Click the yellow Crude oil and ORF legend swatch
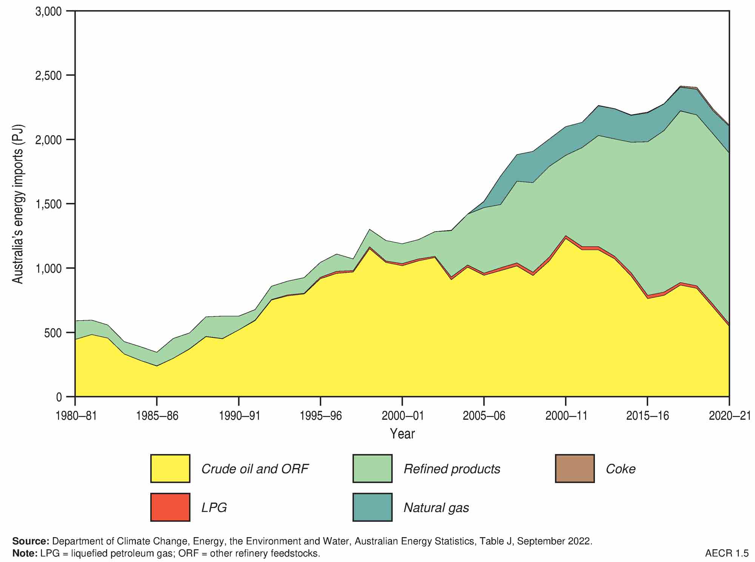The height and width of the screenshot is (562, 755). [x=170, y=468]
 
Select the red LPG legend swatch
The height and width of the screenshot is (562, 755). [x=170, y=507]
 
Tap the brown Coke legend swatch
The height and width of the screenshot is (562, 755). [x=575, y=468]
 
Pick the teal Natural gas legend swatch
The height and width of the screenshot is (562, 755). [x=372, y=507]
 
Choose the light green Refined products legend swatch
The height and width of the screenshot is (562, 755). [x=372, y=468]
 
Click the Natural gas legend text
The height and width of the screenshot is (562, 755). [x=436, y=508]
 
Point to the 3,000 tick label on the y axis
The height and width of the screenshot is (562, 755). [x=48, y=11]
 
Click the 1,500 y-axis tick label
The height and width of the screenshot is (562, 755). [x=48, y=204]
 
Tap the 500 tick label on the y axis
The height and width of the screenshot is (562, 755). [x=53, y=333]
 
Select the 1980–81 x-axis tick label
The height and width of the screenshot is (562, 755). [x=76, y=416]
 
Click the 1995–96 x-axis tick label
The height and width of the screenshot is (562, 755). [x=320, y=416]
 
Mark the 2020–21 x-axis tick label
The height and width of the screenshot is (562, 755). [x=729, y=416]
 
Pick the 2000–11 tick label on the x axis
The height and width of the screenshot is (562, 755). [x=565, y=416]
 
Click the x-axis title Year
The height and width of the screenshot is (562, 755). [x=402, y=434]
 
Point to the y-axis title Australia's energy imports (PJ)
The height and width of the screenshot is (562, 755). [x=18, y=204]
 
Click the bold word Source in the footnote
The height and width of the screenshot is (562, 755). [x=31, y=541]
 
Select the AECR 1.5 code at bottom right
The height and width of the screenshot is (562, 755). [x=726, y=553]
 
